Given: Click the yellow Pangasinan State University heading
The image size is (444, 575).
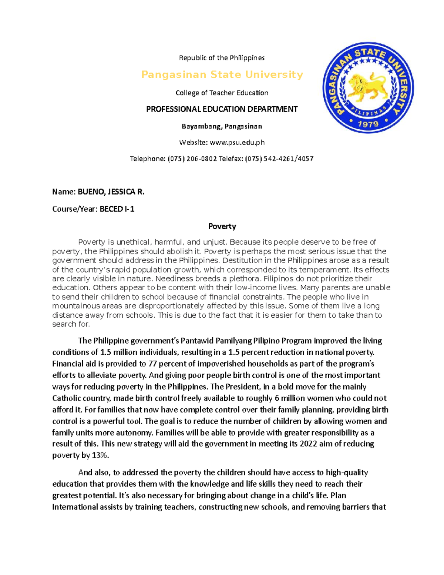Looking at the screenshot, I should pyautogui.click(x=222, y=75).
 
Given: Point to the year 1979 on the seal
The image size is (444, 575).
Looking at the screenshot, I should pyautogui.click(x=368, y=123).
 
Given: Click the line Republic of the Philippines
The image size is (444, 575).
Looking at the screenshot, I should pyautogui.click(x=222, y=58).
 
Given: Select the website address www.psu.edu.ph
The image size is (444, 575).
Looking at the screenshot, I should pyautogui.click(x=237, y=143).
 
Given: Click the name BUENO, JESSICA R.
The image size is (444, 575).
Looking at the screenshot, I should pyautogui.click(x=111, y=192).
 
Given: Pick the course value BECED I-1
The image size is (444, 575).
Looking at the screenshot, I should pyautogui.click(x=117, y=209).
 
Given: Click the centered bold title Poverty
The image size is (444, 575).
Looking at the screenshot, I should pyautogui.click(x=222, y=226).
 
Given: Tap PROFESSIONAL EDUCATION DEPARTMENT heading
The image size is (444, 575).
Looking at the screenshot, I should pyautogui.click(x=222, y=109).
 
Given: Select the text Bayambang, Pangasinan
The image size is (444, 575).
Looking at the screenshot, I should pyautogui.click(x=222, y=126).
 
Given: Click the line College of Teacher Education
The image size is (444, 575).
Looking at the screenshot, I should pyautogui.click(x=222, y=93).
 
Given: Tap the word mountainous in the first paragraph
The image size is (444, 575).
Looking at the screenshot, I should pyautogui.click(x=76, y=306).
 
